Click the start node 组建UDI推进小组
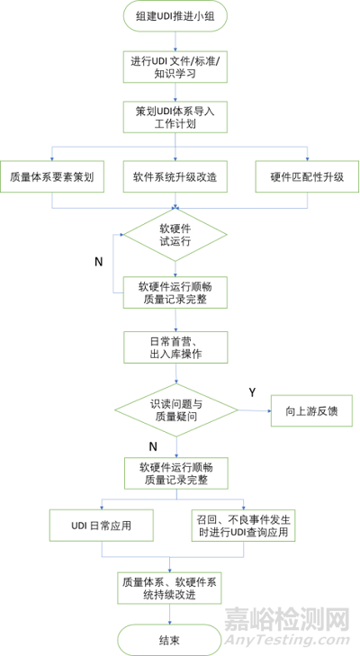coord(175,16)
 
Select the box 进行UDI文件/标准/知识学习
coord(175,67)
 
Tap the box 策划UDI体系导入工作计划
coord(175,117)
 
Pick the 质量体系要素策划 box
coord(52,176)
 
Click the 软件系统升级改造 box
coord(175,176)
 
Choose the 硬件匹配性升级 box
coord(307,176)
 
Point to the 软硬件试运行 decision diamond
coord(175,235)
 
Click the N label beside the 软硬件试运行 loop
coord(98,262)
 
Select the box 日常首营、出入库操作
coord(175,347)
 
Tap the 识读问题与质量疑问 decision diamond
coord(176,410)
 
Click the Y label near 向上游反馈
coord(252,392)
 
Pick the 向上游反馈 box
coord(312,411)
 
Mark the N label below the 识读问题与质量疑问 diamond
coord(153,447)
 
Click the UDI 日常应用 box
coord(102,526)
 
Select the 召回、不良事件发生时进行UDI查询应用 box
coord(244,526)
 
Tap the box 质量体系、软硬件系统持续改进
coord(169,589)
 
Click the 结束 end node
coord(169,640)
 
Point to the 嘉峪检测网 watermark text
coord(287,620)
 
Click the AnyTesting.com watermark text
coord(287,640)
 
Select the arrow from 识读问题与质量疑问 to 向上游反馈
coord(255,410)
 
